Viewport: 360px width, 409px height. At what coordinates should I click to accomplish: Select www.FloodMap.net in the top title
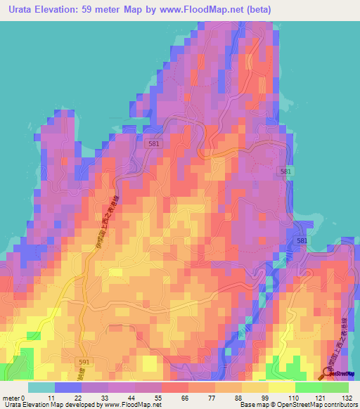pos(199,10)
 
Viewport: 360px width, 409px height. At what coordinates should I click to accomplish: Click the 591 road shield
pos(83,361)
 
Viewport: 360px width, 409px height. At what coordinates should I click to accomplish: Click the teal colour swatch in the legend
pos(41,387)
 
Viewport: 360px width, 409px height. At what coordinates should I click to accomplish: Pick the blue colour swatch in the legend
pos(67,387)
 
